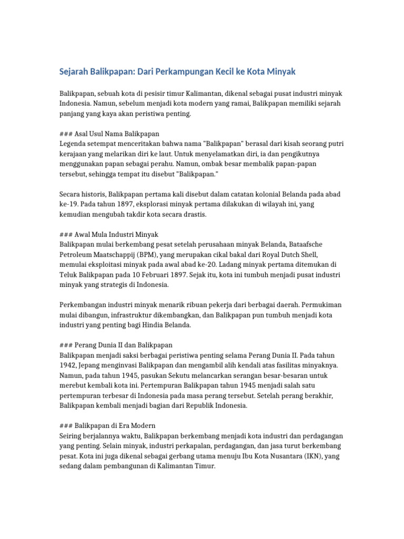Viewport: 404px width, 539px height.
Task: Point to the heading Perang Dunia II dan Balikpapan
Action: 124,345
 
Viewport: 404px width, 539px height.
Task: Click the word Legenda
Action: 74,144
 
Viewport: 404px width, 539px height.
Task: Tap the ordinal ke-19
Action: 67,204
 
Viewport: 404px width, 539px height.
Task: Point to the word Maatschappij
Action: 115,254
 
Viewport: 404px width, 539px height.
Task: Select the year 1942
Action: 68,365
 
